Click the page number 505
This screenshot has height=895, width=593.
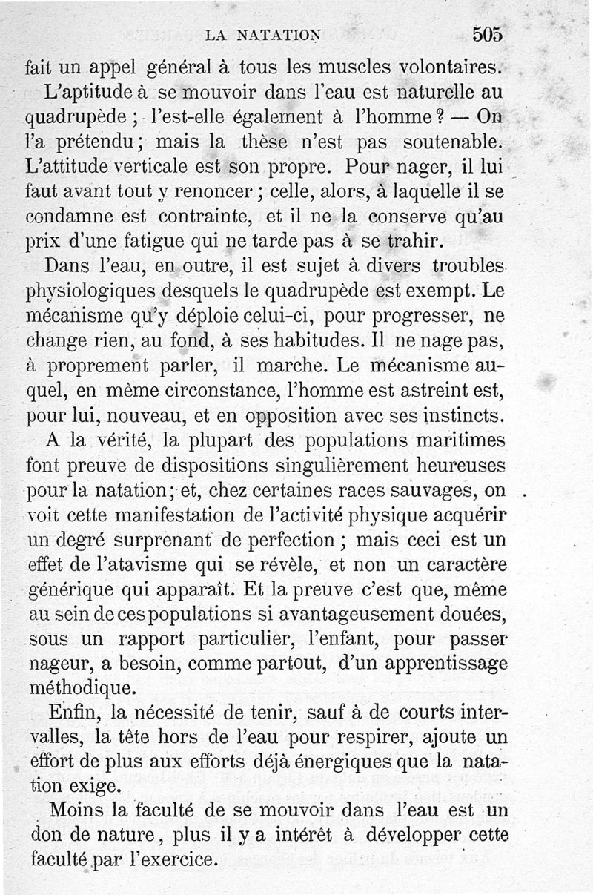tap(487, 34)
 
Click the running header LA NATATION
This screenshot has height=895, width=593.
tap(263, 34)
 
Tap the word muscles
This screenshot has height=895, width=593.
tap(352, 67)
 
